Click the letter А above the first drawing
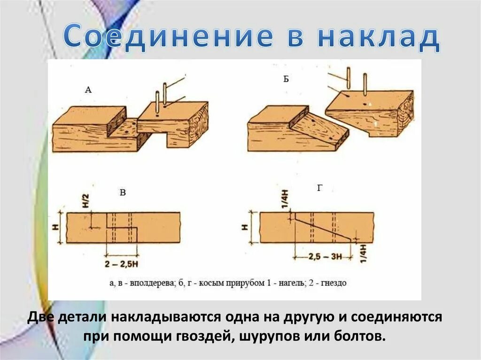point(88,90)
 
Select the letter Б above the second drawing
point(286,79)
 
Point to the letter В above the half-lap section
point(123,192)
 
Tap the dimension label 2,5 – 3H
point(326,256)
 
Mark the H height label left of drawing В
point(56,228)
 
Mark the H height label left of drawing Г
point(245,227)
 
